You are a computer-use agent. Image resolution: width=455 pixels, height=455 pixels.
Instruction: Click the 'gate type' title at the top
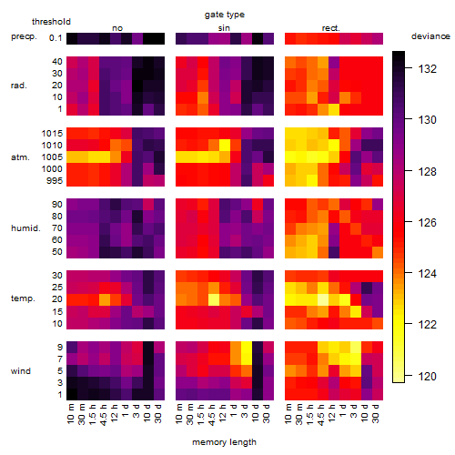tap(225, 15)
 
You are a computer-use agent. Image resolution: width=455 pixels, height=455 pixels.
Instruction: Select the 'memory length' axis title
tap(224, 442)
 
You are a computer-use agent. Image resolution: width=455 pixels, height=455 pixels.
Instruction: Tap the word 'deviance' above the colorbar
tap(430, 36)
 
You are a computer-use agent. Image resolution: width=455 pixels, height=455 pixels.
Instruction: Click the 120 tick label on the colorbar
tap(428, 377)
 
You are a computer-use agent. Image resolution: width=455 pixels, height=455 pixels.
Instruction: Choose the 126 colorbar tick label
tap(428, 223)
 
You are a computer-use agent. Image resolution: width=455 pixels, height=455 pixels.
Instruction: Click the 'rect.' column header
tap(331, 28)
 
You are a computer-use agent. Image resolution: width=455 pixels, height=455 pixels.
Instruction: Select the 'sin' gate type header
tap(224, 28)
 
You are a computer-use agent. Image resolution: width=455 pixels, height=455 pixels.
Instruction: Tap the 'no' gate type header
tap(117, 28)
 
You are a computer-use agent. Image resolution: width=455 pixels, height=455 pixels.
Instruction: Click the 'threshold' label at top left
tap(51, 22)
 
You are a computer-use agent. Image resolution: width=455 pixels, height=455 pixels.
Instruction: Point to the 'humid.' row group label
tap(25, 228)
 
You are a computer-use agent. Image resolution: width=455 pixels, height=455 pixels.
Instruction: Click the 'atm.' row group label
tap(20, 157)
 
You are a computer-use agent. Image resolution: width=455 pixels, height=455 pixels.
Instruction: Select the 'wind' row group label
tap(21, 371)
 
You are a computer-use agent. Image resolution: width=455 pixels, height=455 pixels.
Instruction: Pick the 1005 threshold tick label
tap(52, 157)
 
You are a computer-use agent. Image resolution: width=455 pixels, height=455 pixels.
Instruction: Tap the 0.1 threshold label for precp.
tap(56, 38)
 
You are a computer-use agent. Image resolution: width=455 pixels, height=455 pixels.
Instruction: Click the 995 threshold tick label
tap(55, 181)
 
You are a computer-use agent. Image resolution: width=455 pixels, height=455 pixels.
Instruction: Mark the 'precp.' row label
tap(24, 36)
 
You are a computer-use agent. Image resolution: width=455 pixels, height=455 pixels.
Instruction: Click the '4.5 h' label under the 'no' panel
tap(103, 415)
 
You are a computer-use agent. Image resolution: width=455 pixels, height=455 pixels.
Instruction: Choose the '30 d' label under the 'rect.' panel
tap(376, 413)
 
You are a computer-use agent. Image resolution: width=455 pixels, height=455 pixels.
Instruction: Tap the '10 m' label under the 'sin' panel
tap(179, 414)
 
